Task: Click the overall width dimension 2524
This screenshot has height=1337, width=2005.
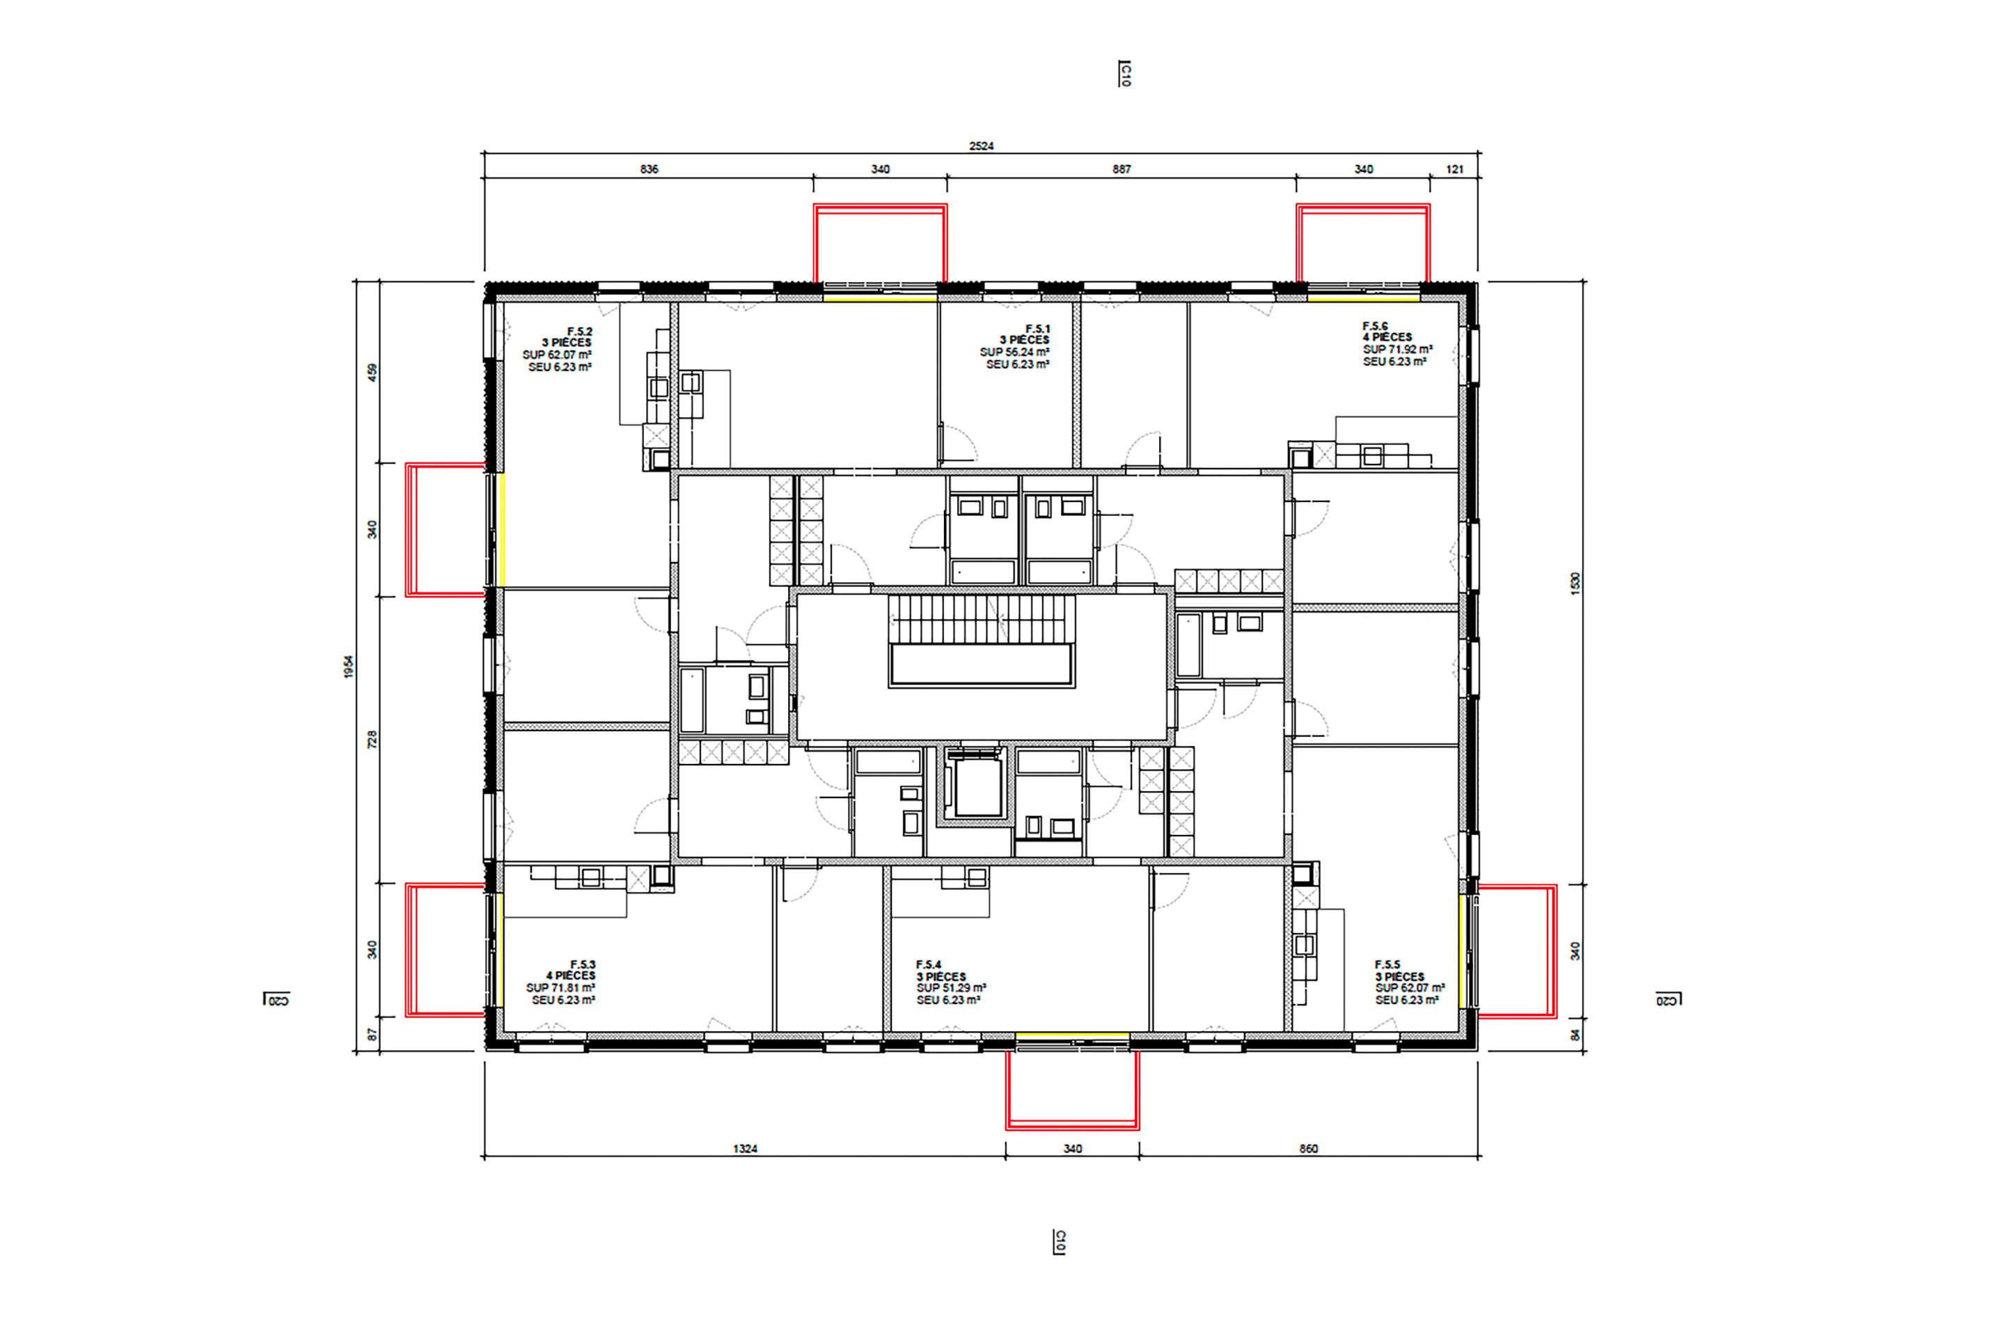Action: pyautogui.click(x=981, y=146)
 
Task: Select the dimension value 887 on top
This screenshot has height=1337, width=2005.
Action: pyautogui.click(x=1121, y=169)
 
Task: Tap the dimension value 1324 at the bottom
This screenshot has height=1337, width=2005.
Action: pyautogui.click(x=745, y=1148)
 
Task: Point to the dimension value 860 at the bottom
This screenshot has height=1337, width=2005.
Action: pyautogui.click(x=1309, y=1148)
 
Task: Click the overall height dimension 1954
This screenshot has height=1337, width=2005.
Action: pyautogui.click(x=349, y=667)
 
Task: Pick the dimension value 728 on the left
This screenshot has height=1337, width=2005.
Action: pyautogui.click(x=372, y=740)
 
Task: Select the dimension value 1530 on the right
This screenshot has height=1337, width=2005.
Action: pyautogui.click(x=1575, y=584)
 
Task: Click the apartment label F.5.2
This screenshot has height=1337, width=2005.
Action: pyautogui.click(x=580, y=331)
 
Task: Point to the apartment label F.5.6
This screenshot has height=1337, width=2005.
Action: pyautogui.click(x=1375, y=326)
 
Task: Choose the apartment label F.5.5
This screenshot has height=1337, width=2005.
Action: pyautogui.click(x=1387, y=964)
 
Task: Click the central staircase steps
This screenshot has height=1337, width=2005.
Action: pyautogui.click(x=981, y=618)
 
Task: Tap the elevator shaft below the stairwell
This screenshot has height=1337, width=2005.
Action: pyautogui.click(x=977, y=786)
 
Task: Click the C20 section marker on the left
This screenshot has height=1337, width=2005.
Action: pyautogui.click(x=277, y=999)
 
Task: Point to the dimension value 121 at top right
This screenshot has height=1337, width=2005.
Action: pyautogui.click(x=1454, y=169)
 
